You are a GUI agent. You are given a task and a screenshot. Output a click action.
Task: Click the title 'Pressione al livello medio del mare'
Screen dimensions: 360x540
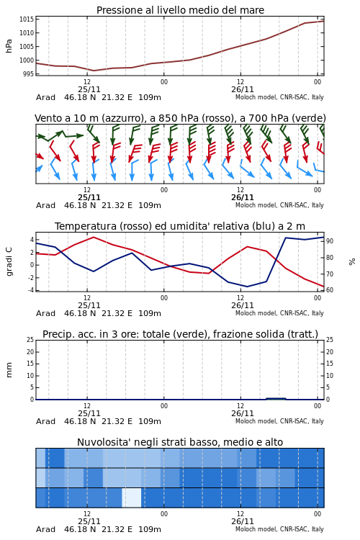[x=180, y=10]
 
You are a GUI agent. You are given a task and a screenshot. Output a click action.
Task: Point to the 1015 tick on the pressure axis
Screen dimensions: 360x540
[x=27, y=19]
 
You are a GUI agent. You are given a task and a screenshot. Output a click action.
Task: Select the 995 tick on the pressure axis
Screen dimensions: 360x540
[x=29, y=73]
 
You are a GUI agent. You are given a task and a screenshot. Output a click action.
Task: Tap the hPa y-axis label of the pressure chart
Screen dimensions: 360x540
[x=9, y=46]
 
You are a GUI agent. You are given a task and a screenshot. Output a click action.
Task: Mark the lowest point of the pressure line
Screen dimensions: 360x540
[x=94, y=71]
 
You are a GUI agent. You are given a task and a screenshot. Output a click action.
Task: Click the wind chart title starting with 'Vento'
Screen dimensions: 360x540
[x=180, y=119]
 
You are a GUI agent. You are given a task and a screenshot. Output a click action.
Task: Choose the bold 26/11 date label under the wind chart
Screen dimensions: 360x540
[x=242, y=198]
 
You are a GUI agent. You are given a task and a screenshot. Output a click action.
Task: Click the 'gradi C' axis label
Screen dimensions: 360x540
[x=9, y=262]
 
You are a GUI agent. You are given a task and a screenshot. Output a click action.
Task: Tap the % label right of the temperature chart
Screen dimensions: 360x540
[x=352, y=262]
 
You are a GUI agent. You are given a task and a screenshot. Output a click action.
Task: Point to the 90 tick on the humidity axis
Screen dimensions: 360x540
[x=330, y=241]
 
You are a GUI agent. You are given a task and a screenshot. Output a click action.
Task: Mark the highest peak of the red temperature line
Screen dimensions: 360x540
[x=94, y=237]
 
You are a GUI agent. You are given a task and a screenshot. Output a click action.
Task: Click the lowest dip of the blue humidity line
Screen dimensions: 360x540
[x=247, y=287]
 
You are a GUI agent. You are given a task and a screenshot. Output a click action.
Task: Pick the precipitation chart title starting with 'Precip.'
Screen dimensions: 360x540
[x=180, y=334]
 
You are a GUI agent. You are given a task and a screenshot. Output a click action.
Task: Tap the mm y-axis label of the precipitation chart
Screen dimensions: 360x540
[x=9, y=370]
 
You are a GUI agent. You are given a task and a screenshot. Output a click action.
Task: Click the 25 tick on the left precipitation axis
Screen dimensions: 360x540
[x=30, y=340]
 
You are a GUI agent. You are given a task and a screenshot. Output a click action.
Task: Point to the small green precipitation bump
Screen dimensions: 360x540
[x=276, y=399]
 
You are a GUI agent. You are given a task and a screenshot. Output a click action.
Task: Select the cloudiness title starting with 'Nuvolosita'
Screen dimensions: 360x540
[x=180, y=442]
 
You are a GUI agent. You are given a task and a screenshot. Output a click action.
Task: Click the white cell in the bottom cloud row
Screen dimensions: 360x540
[x=132, y=498]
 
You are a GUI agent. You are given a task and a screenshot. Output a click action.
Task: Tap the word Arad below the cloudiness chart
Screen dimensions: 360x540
[x=46, y=529]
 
